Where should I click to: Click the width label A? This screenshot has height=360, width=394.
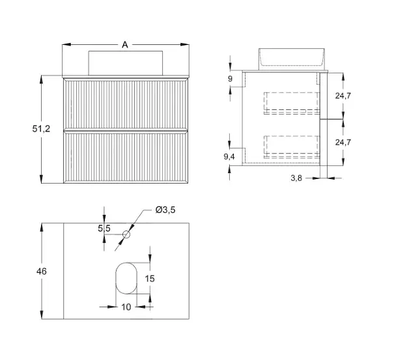(x=125, y=45)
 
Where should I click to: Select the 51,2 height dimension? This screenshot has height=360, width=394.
(x=41, y=129)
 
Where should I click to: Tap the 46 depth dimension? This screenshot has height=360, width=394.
(x=42, y=271)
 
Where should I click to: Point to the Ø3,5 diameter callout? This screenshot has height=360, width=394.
(x=165, y=210)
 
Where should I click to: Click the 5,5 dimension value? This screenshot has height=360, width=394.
(x=104, y=228)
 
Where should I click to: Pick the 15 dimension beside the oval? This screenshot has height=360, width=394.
(x=150, y=279)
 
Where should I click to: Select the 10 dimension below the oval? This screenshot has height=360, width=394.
(x=126, y=307)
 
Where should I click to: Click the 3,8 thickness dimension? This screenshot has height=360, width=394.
(x=296, y=178)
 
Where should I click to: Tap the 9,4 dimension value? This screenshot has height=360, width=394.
(x=229, y=157)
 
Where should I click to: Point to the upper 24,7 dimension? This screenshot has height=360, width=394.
(x=343, y=96)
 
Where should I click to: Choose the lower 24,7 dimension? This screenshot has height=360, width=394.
(x=343, y=142)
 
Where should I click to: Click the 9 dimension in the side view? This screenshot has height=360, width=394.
(x=230, y=79)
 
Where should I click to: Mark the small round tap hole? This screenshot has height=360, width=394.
(x=126, y=234)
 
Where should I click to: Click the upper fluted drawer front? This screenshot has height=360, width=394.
(x=126, y=104)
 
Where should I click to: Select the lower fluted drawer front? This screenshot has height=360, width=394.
(x=126, y=157)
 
